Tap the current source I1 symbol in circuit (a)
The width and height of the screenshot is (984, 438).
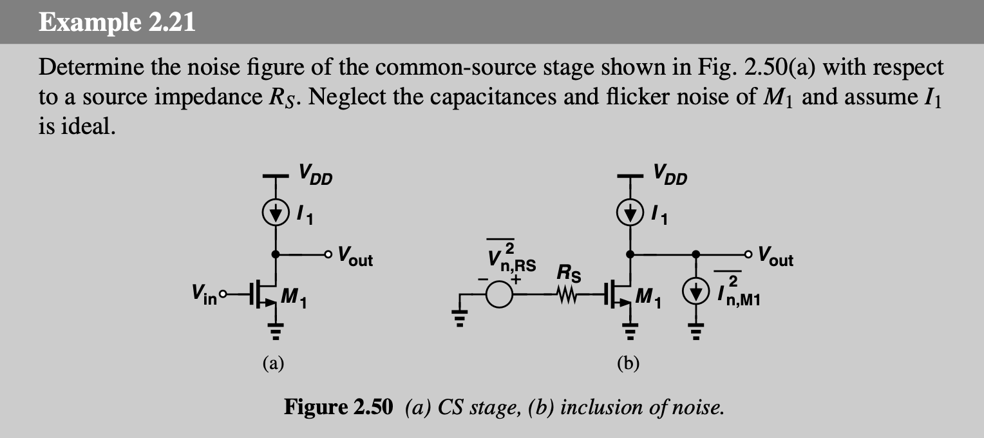tap(276, 212)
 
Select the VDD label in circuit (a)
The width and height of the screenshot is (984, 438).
tap(315, 175)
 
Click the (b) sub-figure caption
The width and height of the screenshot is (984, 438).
tap(628, 365)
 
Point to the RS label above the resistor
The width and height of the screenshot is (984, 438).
tap(569, 274)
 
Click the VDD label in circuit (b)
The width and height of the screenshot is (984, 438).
tap(670, 175)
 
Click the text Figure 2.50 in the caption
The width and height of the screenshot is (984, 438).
tap(337, 408)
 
